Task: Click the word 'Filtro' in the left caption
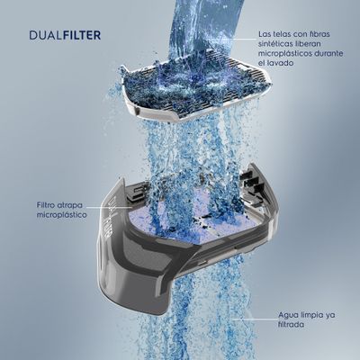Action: [47, 205]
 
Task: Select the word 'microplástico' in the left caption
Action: [61, 215]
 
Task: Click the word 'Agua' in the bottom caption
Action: [287, 315]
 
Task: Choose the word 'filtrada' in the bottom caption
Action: [292, 325]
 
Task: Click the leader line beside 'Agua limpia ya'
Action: [255, 319]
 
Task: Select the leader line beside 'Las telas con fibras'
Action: [242, 39]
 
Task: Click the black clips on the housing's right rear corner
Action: [251, 181]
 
